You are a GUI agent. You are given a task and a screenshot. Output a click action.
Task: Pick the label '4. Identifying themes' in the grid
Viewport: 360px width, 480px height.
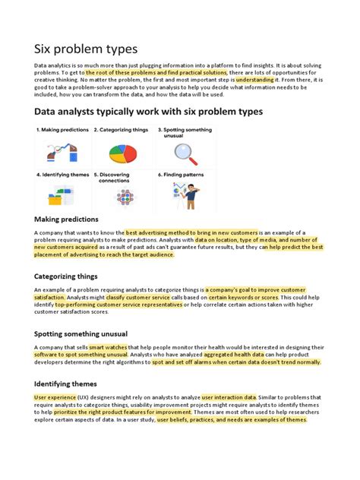click(62, 174)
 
